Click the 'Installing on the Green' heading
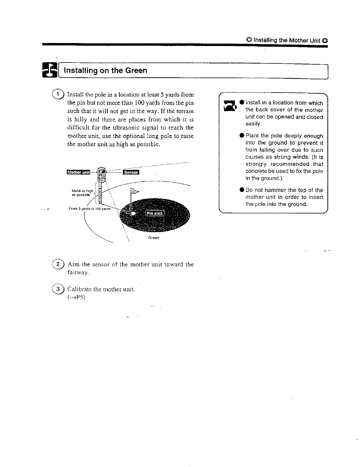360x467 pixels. [x=105, y=70]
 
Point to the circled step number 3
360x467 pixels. [x=58, y=289]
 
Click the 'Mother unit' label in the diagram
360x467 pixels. [x=78, y=172]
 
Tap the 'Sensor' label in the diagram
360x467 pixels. [x=131, y=172]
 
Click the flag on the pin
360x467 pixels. [x=134, y=192]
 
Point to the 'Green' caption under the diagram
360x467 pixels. [x=154, y=238]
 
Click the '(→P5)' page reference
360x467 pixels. [x=76, y=297]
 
